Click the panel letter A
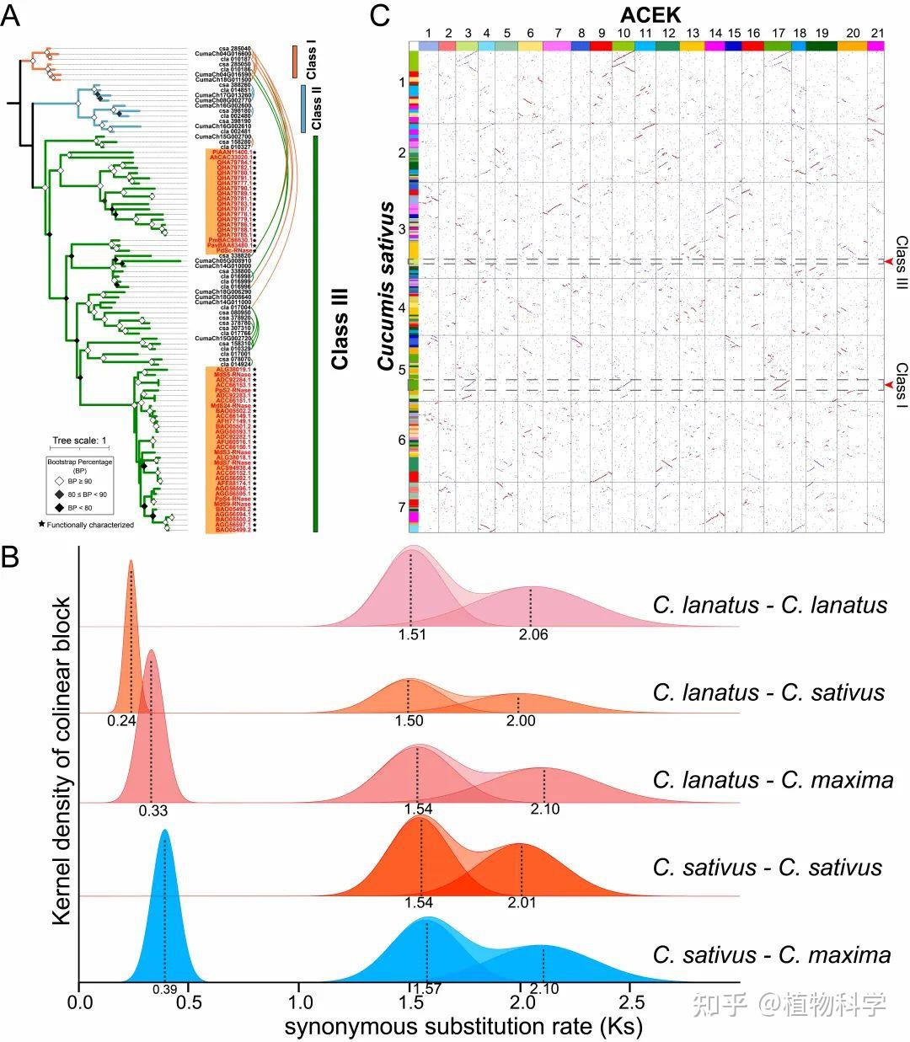click(12, 16)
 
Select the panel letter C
click(380, 16)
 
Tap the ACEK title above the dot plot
click(650, 14)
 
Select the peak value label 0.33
click(153, 811)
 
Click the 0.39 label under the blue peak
click(165, 986)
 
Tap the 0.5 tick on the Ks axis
click(189, 1003)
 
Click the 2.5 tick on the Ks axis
click(632, 1003)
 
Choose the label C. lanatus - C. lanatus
click(769, 605)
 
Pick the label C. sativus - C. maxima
click(771, 955)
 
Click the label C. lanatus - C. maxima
click(773, 780)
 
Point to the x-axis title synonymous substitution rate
click(463, 1027)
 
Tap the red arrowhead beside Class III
click(888, 264)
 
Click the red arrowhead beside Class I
click(888, 385)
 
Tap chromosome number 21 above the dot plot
click(877, 33)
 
